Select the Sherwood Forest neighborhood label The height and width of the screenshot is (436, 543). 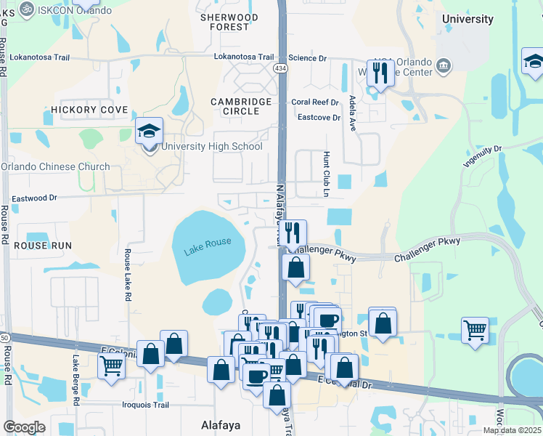point(229,22)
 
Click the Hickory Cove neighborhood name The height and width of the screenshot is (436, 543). point(89,110)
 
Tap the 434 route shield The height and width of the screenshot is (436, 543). point(280,68)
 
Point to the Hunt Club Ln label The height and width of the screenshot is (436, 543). point(326,174)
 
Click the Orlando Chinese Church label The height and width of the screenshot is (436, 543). point(55,166)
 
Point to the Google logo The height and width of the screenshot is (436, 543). point(24,427)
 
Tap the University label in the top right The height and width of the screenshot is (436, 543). point(468,19)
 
